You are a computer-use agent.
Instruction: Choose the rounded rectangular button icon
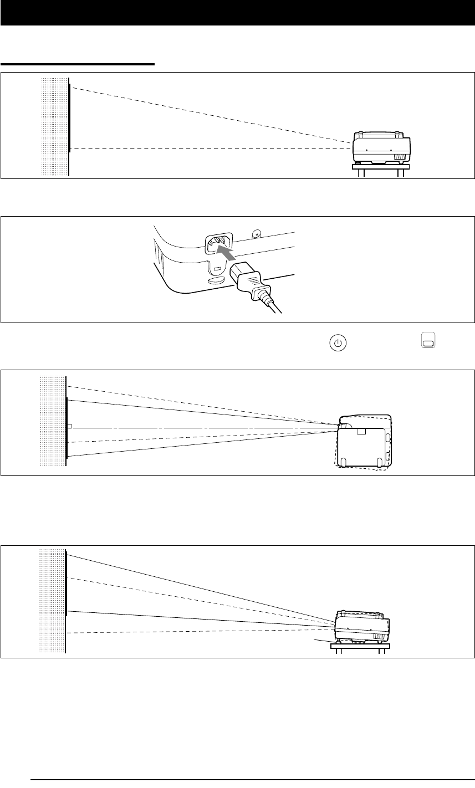point(427,342)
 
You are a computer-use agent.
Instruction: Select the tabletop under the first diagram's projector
point(381,166)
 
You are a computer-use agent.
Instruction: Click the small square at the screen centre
point(69,426)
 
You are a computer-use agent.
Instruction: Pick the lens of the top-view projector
point(340,426)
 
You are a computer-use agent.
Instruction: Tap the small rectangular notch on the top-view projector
point(361,431)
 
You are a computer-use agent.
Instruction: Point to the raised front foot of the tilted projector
point(336,641)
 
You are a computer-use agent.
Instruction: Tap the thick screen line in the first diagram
point(69,117)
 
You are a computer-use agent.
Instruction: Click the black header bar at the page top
point(237,12)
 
